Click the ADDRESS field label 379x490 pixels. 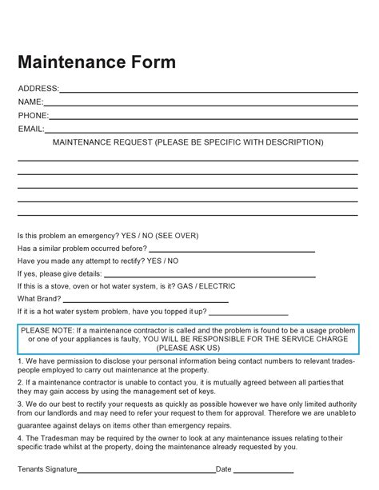coord(38,88)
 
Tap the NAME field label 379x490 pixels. coord(30,102)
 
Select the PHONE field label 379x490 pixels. coord(33,115)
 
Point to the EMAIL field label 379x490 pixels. coord(31,129)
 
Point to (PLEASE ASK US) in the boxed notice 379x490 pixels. coord(189,349)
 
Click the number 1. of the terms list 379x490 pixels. coord(20,361)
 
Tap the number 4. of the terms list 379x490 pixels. coord(20,438)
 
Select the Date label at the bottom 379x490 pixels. coord(223,469)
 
